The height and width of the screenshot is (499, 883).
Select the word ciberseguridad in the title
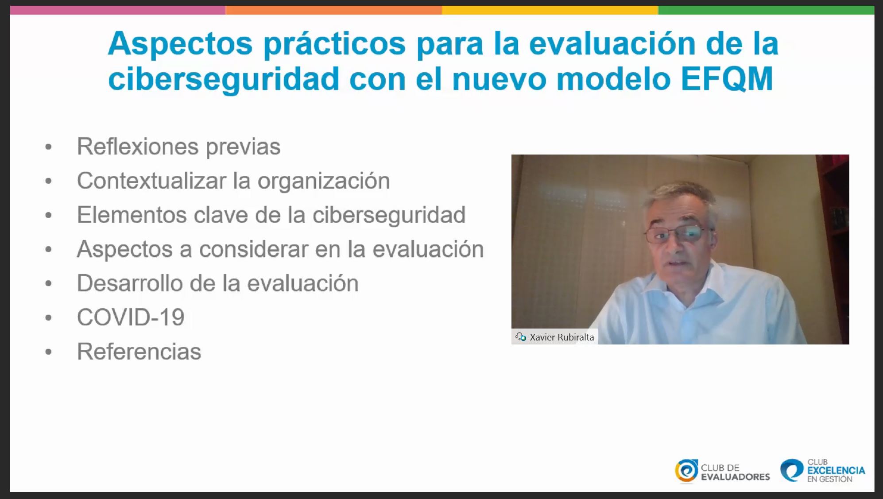click(224, 79)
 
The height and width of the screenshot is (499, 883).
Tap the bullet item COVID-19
click(131, 317)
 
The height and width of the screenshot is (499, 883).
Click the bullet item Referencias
click(139, 352)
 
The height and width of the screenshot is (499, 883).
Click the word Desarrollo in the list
click(130, 283)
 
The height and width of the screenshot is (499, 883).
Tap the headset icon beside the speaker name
click(521, 337)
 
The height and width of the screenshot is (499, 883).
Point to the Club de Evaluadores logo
click(722, 471)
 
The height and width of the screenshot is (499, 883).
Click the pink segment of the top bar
click(118, 10)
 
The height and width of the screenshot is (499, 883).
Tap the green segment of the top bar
click(766, 10)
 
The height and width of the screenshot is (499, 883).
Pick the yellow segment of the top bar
click(550, 10)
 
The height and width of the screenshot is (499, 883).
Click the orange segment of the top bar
click(334, 10)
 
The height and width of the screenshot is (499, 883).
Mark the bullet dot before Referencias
click(49, 352)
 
